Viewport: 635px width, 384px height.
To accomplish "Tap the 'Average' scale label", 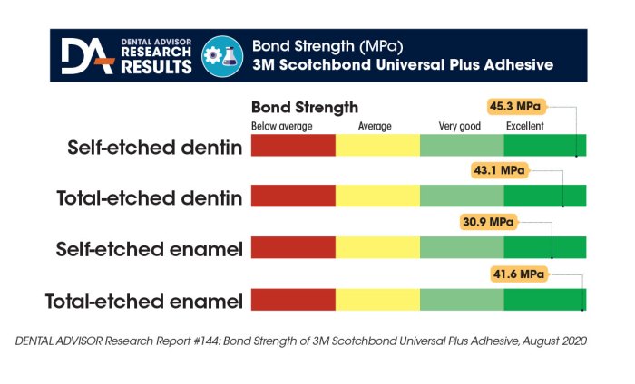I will tap(375, 126).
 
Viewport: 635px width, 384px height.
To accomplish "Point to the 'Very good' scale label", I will tap(458, 126).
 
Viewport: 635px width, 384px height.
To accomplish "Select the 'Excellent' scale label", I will tap(525, 126).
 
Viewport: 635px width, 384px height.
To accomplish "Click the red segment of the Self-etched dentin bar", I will tap(292, 146).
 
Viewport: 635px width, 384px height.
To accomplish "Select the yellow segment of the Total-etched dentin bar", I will tap(377, 197).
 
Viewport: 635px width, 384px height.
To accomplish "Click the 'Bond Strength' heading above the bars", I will tap(304, 108).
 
